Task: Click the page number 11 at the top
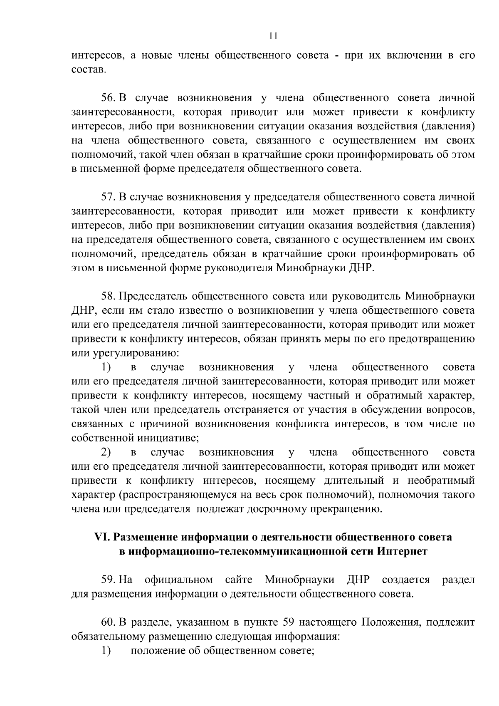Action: [273, 36]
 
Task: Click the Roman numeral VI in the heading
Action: [101, 537]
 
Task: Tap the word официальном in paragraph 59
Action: [179, 580]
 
